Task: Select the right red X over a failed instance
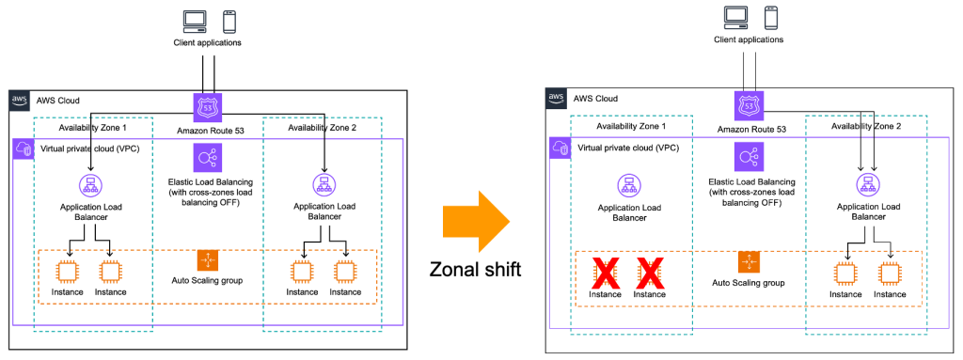(650, 274)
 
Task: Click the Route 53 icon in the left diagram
(207, 105)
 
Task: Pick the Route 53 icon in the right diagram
(749, 105)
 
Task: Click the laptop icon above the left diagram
(194, 20)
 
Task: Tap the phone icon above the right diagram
(770, 16)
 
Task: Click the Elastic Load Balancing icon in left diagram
(207, 157)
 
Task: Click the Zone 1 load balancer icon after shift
(628, 184)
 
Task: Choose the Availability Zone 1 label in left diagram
(91, 128)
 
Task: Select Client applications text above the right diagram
(749, 39)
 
